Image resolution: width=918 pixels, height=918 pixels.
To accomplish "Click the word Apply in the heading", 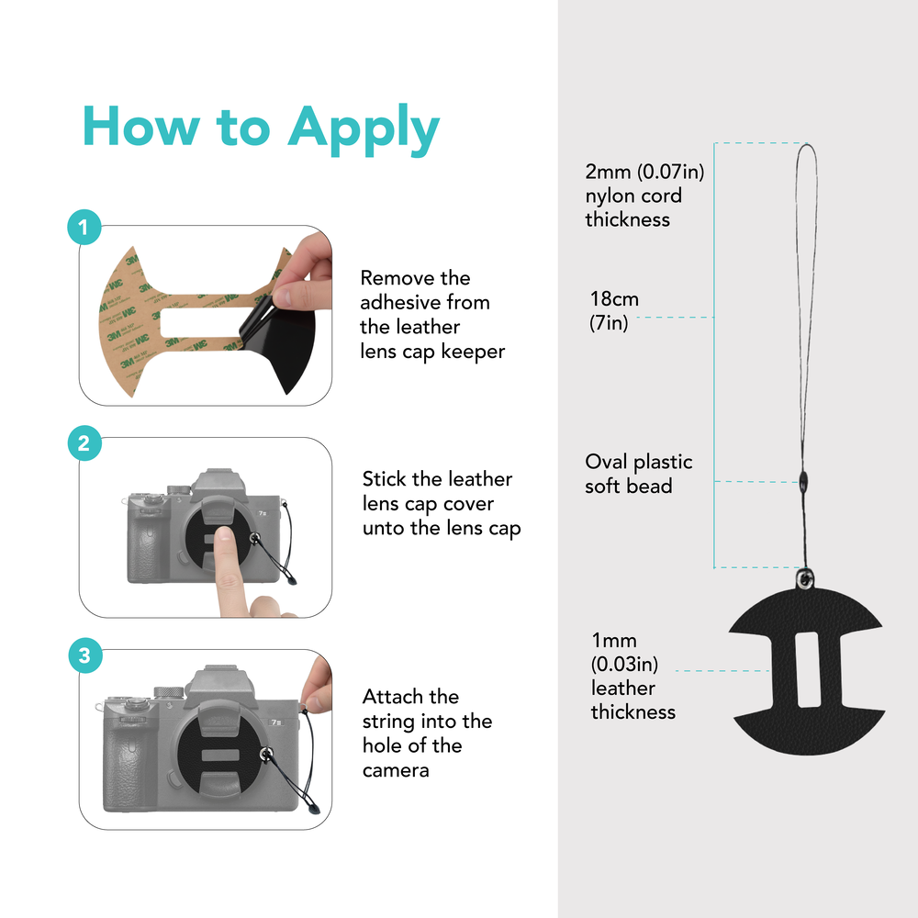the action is point(363,129).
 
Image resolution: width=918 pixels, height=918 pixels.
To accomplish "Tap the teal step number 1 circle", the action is point(84,227).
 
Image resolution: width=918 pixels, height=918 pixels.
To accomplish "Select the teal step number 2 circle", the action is point(84,442).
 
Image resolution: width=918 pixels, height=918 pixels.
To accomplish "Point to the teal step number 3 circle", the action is point(84,655).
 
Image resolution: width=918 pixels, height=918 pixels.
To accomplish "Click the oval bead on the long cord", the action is point(803,483).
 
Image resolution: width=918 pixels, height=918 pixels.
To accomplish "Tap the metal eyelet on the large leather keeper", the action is point(806,579).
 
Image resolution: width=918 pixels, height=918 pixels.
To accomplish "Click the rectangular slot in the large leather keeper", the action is point(806,669).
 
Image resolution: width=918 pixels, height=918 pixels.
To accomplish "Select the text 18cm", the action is point(614,298).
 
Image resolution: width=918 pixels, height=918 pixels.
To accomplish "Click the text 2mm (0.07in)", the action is point(644,172).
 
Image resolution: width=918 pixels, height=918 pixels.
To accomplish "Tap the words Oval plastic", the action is point(638,462).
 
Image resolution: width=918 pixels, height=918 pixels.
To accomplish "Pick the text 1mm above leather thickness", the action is point(613,640).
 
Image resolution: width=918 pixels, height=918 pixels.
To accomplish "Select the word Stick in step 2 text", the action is point(384,479).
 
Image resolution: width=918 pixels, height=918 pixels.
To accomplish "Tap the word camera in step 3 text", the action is point(396,770).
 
